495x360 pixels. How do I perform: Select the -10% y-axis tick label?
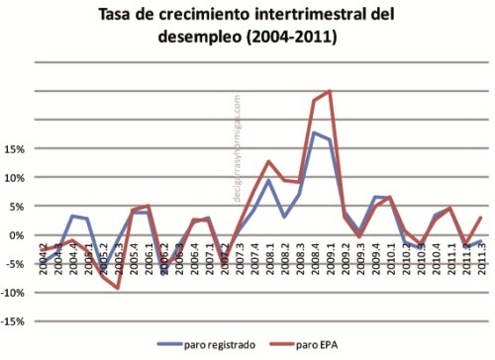[x=13, y=294]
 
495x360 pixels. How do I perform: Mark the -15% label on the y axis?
[x=13, y=322]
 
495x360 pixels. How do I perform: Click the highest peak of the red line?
[x=329, y=92]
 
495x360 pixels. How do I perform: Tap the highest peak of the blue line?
[x=314, y=133]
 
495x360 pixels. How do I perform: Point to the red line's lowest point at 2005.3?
[x=118, y=288]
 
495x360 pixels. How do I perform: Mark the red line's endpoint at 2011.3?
[x=480, y=218]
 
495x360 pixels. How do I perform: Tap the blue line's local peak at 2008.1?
[x=268, y=180]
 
